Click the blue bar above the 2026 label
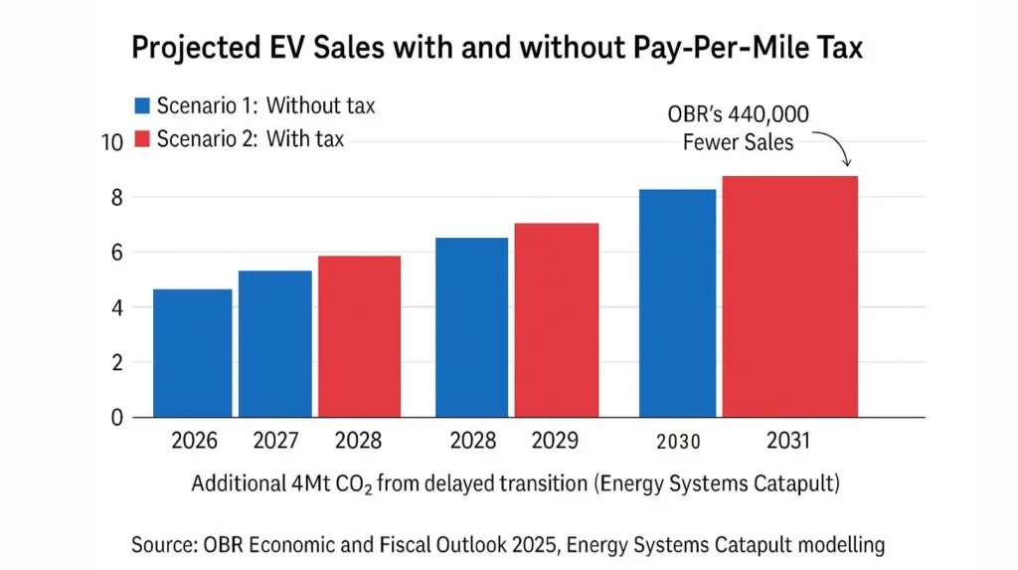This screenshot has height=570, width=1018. [x=192, y=353]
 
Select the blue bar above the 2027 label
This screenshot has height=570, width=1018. [x=274, y=344]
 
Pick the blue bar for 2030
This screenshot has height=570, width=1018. [x=678, y=303]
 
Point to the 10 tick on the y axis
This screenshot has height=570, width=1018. [x=110, y=142]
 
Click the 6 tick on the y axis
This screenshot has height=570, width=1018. [x=116, y=253]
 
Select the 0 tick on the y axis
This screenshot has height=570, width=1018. [x=116, y=418]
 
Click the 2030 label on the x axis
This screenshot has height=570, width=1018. [x=678, y=441]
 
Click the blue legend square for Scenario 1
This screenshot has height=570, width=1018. [x=141, y=106]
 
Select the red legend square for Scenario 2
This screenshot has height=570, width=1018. [x=141, y=139]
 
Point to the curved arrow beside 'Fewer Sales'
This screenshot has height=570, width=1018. [x=838, y=152]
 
